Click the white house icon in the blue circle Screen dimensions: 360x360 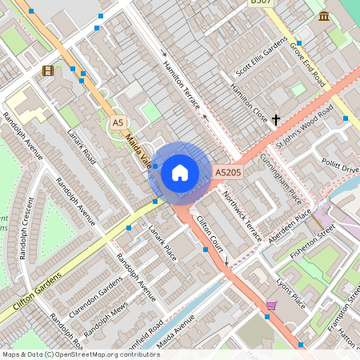(180, 171)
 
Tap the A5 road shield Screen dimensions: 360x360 (118, 122)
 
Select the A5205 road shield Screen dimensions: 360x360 (228, 171)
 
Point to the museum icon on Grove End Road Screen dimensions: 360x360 (324, 16)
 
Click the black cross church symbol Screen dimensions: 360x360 (276, 119)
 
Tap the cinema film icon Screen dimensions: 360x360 (48, 70)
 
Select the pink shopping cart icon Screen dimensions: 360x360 (271, 306)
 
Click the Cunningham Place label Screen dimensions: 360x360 (281, 178)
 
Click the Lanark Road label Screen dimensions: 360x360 (82, 148)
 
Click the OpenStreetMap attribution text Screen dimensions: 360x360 (81, 354)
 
